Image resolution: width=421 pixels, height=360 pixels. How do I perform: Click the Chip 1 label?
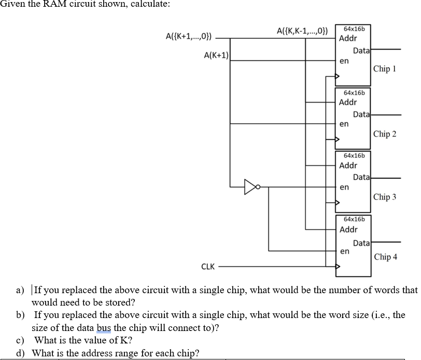(384, 69)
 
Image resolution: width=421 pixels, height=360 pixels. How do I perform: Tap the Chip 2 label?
(385, 134)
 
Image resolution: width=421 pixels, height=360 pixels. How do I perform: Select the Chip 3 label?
(385, 197)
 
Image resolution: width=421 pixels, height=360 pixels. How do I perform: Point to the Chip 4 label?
(385, 257)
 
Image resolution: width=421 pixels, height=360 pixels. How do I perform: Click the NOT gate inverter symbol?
(252, 186)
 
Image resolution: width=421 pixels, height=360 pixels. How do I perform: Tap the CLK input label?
(208, 267)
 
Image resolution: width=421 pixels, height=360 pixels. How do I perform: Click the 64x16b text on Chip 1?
(353, 28)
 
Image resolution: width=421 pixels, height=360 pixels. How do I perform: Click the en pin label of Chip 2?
(344, 124)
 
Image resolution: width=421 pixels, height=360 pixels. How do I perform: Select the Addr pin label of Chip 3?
(348, 166)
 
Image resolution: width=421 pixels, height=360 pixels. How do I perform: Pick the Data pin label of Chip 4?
(361, 242)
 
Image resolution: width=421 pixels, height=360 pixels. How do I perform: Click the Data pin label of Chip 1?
(361, 50)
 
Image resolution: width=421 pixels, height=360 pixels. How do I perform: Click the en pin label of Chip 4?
(344, 251)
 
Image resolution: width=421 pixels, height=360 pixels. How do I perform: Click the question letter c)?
(21, 340)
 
